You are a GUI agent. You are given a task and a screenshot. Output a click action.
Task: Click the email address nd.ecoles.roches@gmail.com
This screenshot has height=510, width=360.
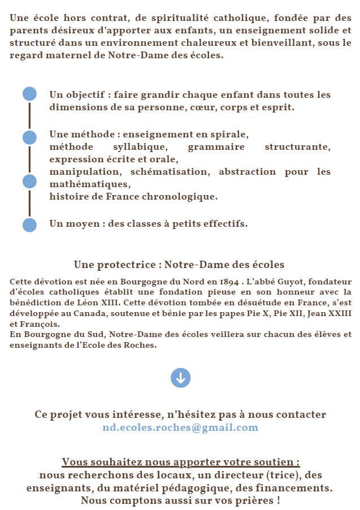(180, 427)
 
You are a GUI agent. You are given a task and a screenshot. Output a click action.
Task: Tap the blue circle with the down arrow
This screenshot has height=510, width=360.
(180, 378)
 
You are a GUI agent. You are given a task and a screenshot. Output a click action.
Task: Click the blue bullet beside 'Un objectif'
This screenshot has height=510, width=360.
(29, 94)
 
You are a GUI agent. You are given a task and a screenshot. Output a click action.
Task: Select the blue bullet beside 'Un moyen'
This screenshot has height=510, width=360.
(29, 224)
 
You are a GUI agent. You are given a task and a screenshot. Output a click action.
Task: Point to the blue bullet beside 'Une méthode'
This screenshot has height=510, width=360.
(29, 137)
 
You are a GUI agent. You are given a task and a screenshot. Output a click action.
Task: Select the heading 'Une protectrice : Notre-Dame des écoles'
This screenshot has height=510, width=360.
(179, 265)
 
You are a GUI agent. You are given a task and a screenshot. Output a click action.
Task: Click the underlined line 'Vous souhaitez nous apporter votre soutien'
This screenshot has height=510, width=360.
(180, 462)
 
